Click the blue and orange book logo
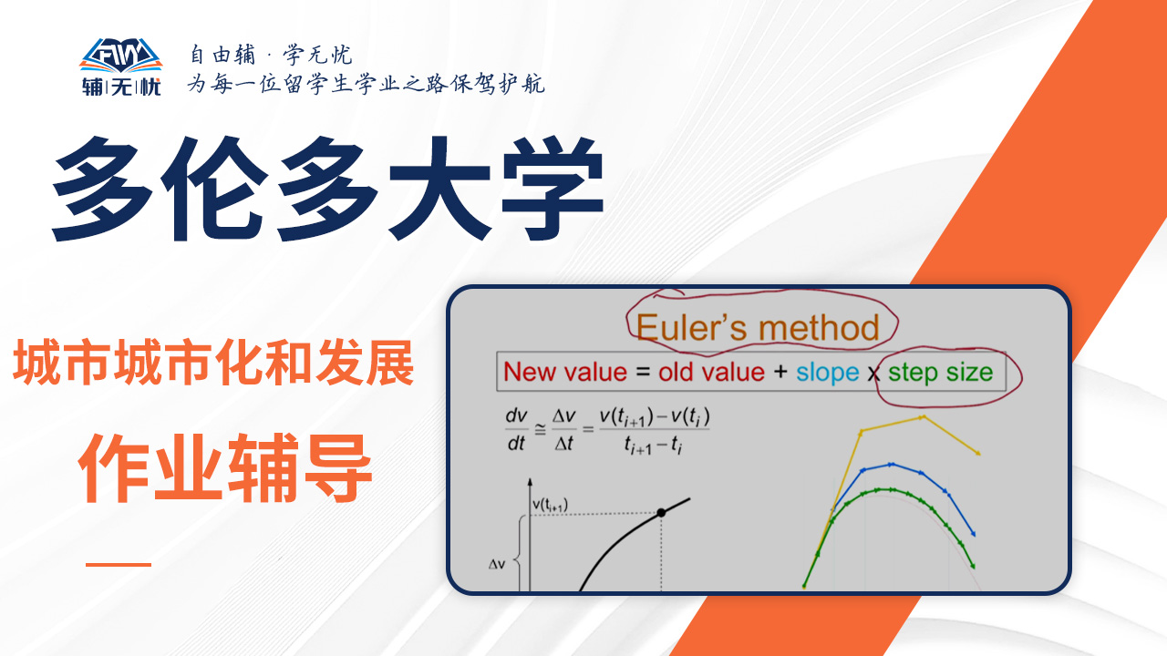pyautogui.click(x=121, y=55)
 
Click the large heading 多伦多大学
pyautogui.click(x=327, y=190)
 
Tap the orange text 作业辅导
pyautogui.click(x=225, y=468)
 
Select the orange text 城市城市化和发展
pyautogui.click(x=213, y=363)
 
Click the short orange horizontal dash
pyautogui.click(x=119, y=564)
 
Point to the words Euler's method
pyautogui.click(x=758, y=327)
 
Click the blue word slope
pyautogui.click(x=827, y=373)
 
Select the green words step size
pyautogui.click(x=940, y=373)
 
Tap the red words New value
pyautogui.click(x=565, y=373)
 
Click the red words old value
pyautogui.click(x=711, y=373)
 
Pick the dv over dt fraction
pyautogui.click(x=516, y=429)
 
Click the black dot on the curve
pyautogui.click(x=661, y=513)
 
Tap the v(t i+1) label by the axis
pyautogui.click(x=550, y=505)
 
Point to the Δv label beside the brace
pyautogui.click(x=497, y=564)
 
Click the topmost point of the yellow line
pyautogui.click(x=923, y=416)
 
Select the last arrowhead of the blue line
pyautogui.click(x=973, y=533)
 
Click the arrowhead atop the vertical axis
pyautogui.click(x=530, y=482)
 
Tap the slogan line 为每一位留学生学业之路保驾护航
pyautogui.click(x=367, y=83)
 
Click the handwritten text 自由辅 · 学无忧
pyautogui.click(x=271, y=54)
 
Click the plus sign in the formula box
pyautogui.click(x=780, y=372)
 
